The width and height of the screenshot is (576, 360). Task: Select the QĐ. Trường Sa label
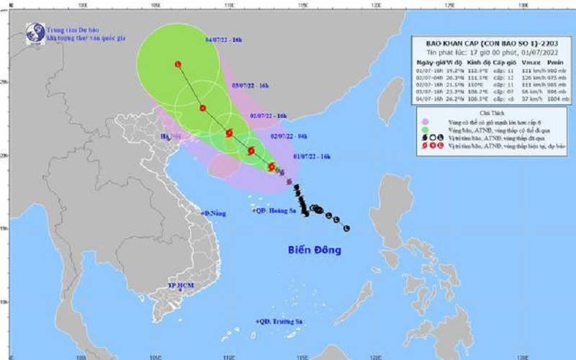point(279,321)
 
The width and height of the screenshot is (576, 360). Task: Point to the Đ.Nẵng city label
point(214,214)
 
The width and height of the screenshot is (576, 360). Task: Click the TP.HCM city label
point(182,286)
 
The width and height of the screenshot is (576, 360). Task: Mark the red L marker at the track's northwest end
point(177,65)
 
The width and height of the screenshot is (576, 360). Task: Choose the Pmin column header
point(555,63)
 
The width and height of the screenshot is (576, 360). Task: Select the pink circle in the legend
point(426,122)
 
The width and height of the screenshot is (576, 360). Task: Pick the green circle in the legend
point(426,130)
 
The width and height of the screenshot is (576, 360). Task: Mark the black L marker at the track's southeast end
point(347,228)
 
